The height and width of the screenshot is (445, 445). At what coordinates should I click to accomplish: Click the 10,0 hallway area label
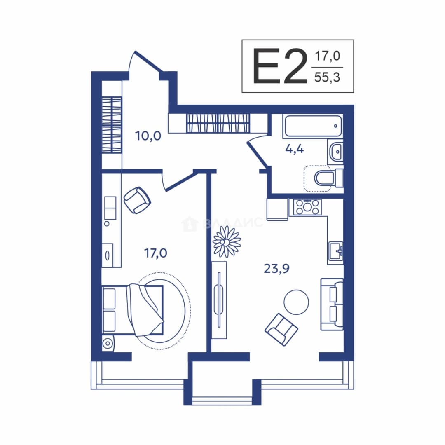click(x=148, y=136)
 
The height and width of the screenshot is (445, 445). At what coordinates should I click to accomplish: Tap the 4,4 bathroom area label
click(x=295, y=149)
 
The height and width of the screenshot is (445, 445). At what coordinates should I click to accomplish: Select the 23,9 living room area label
click(x=277, y=268)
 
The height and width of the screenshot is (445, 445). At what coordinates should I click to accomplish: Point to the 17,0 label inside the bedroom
click(x=156, y=253)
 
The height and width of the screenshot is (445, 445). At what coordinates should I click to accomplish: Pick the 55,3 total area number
click(x=327, y=77)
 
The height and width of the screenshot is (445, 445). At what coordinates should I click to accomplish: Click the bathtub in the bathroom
click(x=312, y=126)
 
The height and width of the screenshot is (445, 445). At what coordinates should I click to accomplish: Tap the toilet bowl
click(x=329, y=178)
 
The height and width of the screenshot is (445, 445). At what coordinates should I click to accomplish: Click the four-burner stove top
click(x=307, y=207)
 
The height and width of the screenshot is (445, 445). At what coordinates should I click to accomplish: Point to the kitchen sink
click(x=336, y=251)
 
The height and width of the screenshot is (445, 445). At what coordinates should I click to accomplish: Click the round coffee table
click(x=296, y=302)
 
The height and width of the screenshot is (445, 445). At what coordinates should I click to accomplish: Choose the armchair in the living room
click(x=281, y=330)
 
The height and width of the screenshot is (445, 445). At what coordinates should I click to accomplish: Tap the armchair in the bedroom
click(x=137, y=200)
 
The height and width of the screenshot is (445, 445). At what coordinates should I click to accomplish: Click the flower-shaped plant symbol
click(x=227, y=242)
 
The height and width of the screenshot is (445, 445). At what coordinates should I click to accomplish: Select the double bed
click(x=133, y=310)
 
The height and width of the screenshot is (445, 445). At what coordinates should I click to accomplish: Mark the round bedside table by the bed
click(x=108, y=344)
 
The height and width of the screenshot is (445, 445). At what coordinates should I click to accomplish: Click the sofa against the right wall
click(x=332, y=304)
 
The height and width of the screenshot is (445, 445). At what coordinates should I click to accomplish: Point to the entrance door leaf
click(x=148, y=61)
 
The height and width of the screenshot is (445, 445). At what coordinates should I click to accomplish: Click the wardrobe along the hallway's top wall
click(x=218, y=123)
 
